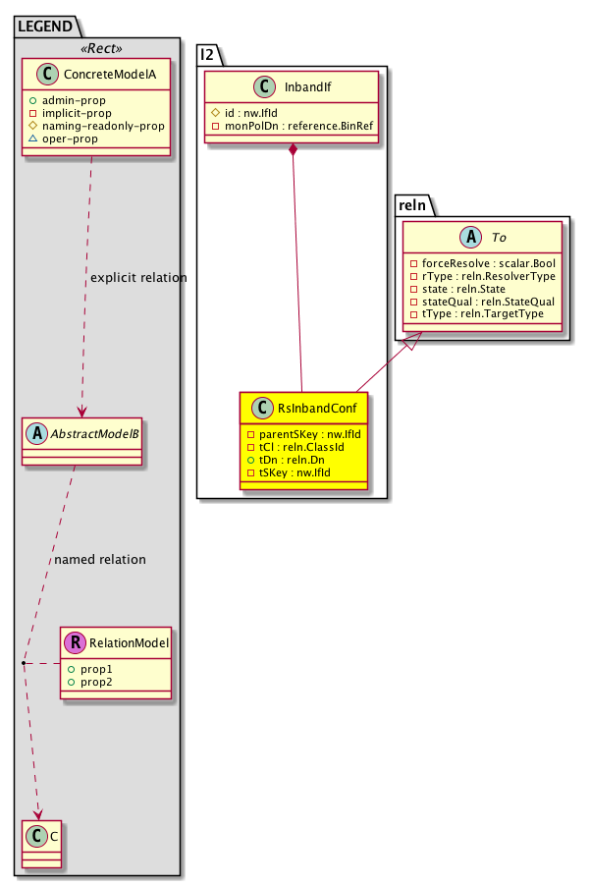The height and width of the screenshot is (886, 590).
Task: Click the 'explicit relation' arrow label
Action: (x=138, y=278)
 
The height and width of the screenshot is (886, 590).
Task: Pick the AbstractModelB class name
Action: (x=96, y=430)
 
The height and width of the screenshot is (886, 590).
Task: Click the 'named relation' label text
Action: (x=100, y=560)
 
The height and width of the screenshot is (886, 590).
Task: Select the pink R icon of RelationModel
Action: (x=75, y=643)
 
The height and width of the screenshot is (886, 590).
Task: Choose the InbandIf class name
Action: (x=300, y=88)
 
